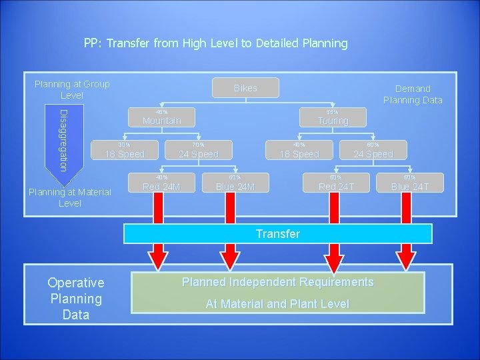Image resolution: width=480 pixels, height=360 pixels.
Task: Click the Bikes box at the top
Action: (x=245, y=88)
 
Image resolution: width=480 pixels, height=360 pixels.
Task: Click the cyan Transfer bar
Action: (x=278, y=234)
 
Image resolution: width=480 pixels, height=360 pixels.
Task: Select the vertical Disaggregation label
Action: (x=63, y=139)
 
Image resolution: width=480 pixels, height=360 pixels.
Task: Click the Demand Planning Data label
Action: (x=413, y=94)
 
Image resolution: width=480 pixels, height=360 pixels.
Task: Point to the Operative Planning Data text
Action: (x=75, y=299)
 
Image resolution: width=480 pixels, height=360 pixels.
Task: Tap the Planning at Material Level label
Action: (x=70, y=198)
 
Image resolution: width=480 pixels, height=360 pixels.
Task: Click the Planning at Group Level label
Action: (x=72, y=89)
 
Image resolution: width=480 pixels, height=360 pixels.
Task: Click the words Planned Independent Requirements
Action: (x=278, y=282)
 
